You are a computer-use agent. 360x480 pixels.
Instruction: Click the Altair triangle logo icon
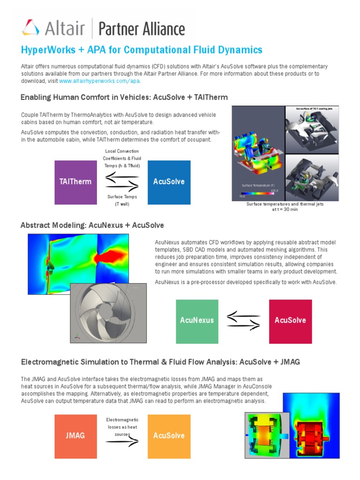[30, 28]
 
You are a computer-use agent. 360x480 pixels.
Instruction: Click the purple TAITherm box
[75, 182]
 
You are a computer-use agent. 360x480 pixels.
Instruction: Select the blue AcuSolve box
[169, 182]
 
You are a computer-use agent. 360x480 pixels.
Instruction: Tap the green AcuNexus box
[197, 321]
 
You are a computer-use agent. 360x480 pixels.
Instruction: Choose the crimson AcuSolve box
[290, 321]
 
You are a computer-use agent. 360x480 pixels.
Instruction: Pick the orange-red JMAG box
[75, 435]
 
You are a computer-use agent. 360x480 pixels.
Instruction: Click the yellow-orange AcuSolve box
[169, 435]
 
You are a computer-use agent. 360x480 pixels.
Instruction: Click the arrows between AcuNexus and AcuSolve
[243, 320]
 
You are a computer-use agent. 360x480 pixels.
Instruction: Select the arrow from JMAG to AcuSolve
[122, 442]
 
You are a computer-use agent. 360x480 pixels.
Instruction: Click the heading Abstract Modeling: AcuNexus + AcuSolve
[92, 225]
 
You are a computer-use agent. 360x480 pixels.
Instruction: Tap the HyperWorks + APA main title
[142, 50]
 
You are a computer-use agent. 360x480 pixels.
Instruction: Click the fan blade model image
[104, 312]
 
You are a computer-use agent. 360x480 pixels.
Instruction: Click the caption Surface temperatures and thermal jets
[285, 207]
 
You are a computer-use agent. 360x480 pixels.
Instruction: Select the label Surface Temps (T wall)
[122, 201]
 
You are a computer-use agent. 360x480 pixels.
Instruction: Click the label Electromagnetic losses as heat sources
[122, 427]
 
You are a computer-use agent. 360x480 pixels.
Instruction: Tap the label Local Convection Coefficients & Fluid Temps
[122, 158]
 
